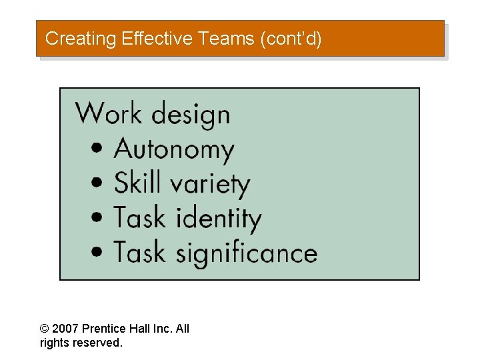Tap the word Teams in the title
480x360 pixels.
tap(224, 39)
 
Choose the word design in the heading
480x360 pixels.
tap(191, 115)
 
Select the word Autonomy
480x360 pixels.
tap(175, 149)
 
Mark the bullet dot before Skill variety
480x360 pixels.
tap(99, 183)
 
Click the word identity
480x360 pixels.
tap(219, 219)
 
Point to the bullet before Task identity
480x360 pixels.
tap(99, 217)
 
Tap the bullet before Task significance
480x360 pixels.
tap(99, 252)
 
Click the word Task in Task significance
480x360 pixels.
tap(139, 252)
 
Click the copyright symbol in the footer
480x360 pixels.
tap(45, 329)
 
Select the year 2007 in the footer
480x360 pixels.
tap(65, 329)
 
